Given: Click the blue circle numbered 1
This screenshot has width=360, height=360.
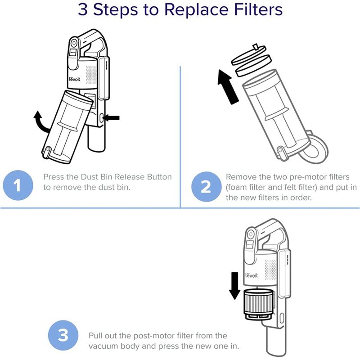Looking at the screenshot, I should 18,185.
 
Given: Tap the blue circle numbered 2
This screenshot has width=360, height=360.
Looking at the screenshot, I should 206,186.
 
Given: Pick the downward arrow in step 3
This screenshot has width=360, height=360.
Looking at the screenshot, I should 234,286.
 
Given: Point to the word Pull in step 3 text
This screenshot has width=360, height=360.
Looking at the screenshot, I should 95,336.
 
